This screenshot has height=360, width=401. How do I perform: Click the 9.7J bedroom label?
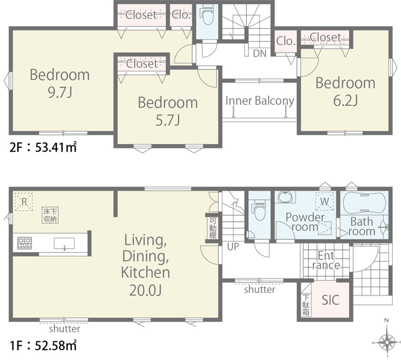[60, 83]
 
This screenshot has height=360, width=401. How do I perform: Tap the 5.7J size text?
[168, 120]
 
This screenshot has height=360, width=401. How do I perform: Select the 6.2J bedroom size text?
[345, 100]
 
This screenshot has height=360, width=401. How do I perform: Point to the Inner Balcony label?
[259, 101]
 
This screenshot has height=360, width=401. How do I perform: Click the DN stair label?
[259, 53]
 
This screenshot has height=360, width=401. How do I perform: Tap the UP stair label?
[233, 247]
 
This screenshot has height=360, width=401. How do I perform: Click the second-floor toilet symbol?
[207, 15]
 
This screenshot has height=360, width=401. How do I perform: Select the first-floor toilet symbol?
[259, 210]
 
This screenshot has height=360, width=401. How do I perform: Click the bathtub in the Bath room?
[364, 203]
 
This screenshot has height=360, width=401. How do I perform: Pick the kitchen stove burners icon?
[24, 243]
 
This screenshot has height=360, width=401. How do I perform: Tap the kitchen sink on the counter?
[64, 244]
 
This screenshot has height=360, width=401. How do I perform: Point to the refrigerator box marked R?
[24, 202]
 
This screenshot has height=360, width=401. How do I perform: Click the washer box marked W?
[325, 201]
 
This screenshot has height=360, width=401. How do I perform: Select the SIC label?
[330, 300]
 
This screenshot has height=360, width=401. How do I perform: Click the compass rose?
[387, 341]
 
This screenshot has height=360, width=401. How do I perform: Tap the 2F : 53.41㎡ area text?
[43, 147]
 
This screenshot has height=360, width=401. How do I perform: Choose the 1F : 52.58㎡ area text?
[43, 346]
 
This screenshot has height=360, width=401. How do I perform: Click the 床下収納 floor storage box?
[50, 215]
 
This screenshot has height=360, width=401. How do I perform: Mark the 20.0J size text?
[145, 291]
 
